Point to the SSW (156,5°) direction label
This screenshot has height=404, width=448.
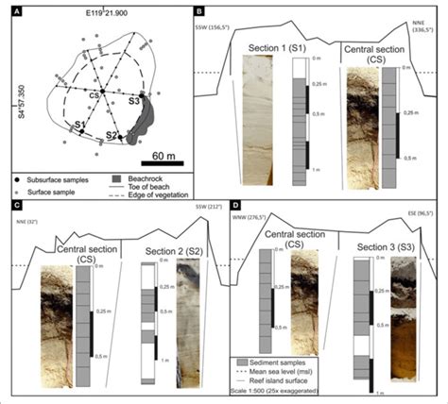point(216,27)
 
